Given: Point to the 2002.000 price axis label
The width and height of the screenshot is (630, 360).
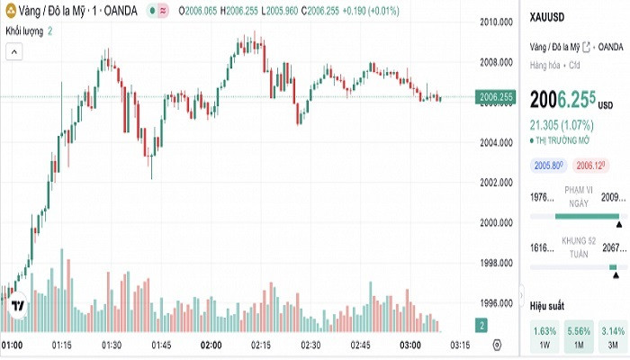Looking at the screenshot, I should (496, 183).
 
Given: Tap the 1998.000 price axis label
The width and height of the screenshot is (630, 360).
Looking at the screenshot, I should (496, 263).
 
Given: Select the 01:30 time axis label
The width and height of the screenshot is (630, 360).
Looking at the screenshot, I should (112, 346).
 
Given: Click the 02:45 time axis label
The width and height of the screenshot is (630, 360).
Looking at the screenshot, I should (361, 346).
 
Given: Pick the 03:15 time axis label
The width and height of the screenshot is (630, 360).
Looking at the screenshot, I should (459, 346).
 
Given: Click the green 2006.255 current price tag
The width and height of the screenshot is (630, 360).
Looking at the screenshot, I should (496, 97).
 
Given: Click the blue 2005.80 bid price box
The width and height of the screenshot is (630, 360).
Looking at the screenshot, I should (547, 165).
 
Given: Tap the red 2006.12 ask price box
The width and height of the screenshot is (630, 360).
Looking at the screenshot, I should (589, 165).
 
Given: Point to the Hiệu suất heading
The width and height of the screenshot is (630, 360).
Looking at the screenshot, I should (546, 306).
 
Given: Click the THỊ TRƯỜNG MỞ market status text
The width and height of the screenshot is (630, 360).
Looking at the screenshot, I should (562, 140).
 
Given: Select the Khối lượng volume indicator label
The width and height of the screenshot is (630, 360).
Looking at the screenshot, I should (24, 31).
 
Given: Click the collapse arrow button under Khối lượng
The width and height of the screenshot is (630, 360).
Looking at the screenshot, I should (13, 52).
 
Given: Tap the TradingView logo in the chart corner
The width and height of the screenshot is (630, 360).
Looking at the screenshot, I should (16, 307).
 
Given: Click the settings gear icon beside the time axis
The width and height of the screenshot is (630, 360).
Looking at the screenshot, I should (497, 346).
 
